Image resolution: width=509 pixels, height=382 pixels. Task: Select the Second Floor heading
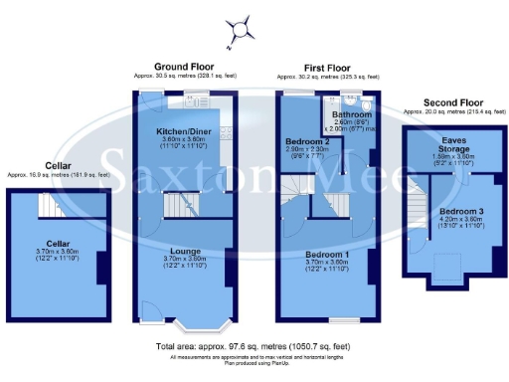452,101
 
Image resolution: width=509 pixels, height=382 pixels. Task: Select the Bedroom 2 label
299,141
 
